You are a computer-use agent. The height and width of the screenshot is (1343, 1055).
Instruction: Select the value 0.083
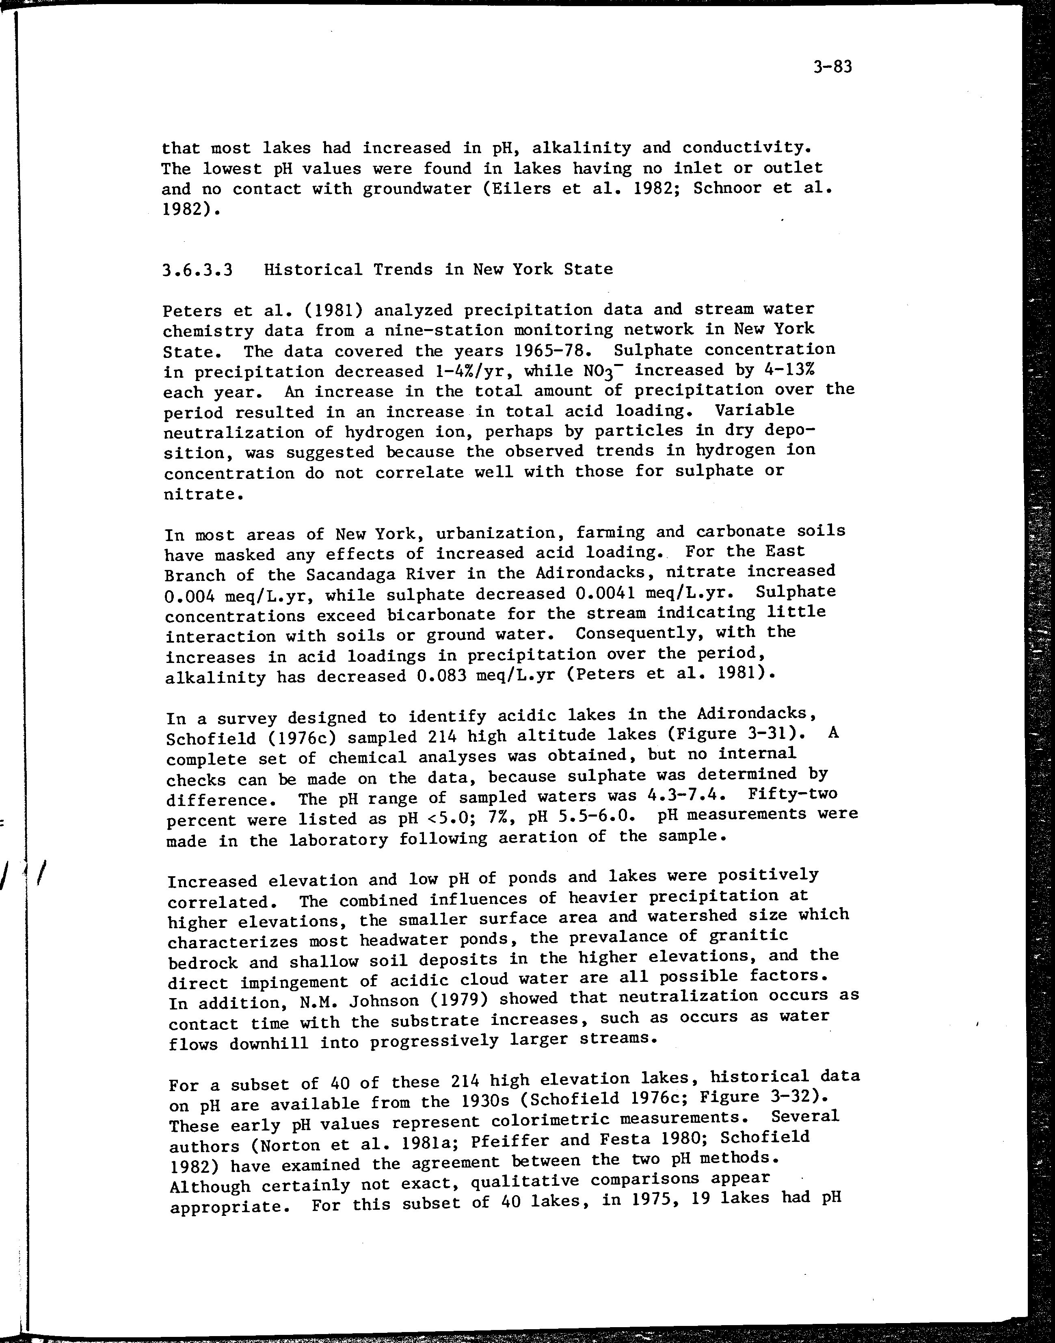tap(432, 675)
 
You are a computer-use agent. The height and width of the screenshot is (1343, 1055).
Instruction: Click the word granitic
tap(749, 937)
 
